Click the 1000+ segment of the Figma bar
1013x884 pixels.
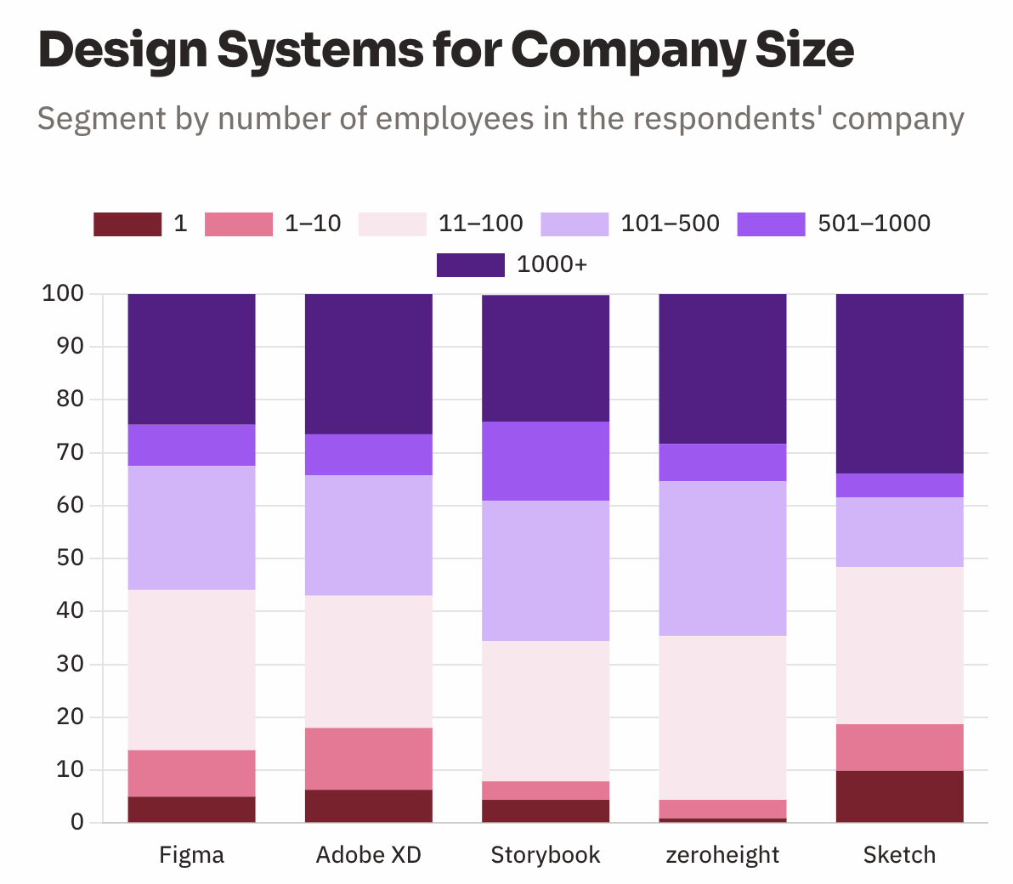pyautogui.click(x=191, y=359)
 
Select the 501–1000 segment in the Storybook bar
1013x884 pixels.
pyautogui.click(x=546, y=461)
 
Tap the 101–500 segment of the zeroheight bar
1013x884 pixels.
pyautogui.click(x=722, y=558)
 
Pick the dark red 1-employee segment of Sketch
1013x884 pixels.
pyautogui.click(x=899, y=796)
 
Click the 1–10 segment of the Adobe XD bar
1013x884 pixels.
pyautogui.click(x=369, y=758)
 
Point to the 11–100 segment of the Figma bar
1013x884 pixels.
pyautogui.click(x=191, y=670)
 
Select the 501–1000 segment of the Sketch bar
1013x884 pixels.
pyautogui.click(x=899, y=485)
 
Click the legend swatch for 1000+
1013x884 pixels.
pyautogui.click(x=470, y=265)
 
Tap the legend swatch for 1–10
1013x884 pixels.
pyautogui.click(x=239, y=224)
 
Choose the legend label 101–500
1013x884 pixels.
pyautogui.click(x=670, y=224)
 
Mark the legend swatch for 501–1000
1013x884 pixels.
pyautogui.click(x=771, y=224)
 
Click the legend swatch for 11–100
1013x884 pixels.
pyautogui.click(x=393, y=224)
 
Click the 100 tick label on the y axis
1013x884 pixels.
pyautogui.click(x=63, y=294)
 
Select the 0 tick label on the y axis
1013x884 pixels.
pyautogui.click(x=77, y=822)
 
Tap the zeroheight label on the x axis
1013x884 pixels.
pyautogui.click(x=722, y=854)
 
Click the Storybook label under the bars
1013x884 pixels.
pyautogui.click(x=546, y=854)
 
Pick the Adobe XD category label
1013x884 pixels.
pyautogui.click(x=369, y=854)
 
